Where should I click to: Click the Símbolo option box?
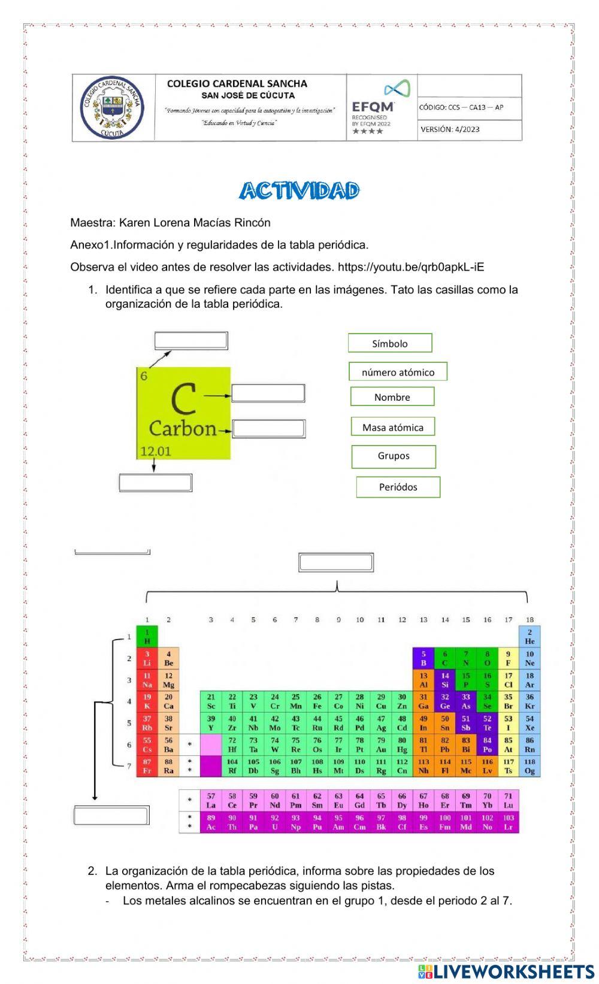tap(390, 343)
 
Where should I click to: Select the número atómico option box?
tap(398, 372)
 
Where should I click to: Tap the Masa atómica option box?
tap(392, 427)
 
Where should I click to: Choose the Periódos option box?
tap(398, 487)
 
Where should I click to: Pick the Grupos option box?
tap(394, 456)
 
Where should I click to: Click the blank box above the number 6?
tap(191, 341)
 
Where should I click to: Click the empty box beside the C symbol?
tap(268, 393)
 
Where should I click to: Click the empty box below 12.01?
tap(155, 483)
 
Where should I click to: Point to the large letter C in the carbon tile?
tap(183, 399)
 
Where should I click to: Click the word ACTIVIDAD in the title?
tap(299, 191)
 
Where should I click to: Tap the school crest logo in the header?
tap(113, 108)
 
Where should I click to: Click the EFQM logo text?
tap(373, 107)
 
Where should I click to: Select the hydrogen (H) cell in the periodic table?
tap(147, 637)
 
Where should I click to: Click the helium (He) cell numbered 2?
tap(530, 637)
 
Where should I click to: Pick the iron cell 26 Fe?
tap(317, 701)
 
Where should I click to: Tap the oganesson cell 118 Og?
tap(530, 766)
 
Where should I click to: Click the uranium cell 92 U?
tap(275, 822)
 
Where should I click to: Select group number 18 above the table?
tap(530, 620)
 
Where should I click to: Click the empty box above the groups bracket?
tap(336, 563)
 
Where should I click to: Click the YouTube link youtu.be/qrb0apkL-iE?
tap(411, 267)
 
